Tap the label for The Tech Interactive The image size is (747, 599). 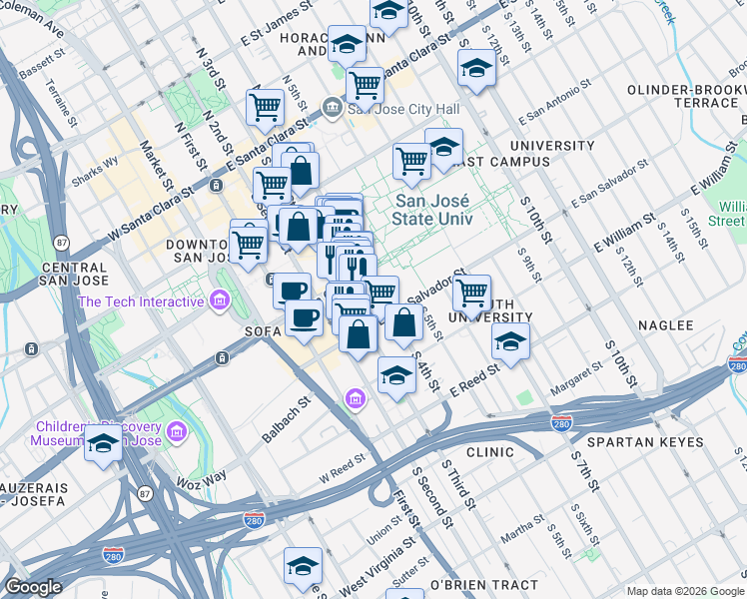coord(141,301)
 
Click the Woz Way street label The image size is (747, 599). coord(202,479)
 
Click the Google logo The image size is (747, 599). coord(33,587)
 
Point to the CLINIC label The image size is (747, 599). coord(489,452)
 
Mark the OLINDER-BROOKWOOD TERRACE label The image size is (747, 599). coord(684,96)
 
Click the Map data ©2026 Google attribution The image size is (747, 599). coord(685,590)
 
